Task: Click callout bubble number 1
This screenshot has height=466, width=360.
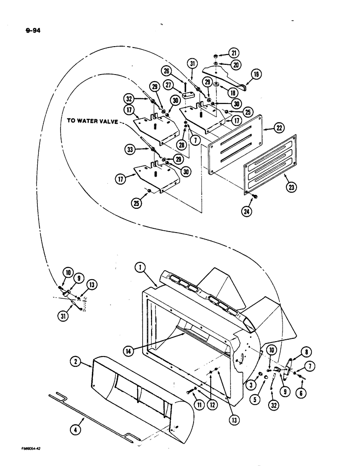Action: [x=139, y=267]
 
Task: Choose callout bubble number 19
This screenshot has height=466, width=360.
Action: [x=256, y=74]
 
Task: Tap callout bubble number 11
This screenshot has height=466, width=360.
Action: [x=199, y=406]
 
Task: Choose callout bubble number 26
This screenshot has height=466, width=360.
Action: [x=166, y=72]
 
